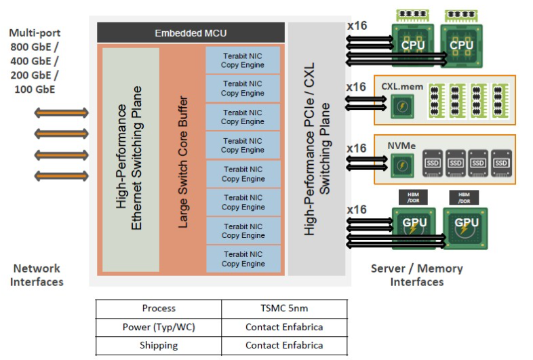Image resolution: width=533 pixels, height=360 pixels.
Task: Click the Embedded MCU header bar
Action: point(191,33)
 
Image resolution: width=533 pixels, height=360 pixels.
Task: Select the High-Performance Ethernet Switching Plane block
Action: point(130,160)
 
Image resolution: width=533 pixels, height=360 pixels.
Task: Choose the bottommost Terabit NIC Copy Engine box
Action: point(243,259)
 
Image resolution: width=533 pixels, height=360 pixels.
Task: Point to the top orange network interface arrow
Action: point(61,113)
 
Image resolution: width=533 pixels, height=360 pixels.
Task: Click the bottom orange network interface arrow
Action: point(61,176)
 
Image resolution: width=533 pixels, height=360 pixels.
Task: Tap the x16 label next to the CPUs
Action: point(356,26)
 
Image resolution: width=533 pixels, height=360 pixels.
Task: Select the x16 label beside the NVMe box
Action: point(356,148)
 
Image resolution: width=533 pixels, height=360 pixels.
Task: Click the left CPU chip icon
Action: point(413,45)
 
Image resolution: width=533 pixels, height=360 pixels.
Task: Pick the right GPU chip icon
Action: point(466,223)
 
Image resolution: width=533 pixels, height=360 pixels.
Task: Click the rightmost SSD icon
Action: point(501,163)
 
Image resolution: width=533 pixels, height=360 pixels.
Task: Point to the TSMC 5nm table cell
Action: point(284,308)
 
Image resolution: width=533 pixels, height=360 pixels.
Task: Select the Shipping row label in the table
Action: point(159,345)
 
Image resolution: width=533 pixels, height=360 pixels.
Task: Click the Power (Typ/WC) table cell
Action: point(159,327)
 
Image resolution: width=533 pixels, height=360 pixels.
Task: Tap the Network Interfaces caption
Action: point(37,275)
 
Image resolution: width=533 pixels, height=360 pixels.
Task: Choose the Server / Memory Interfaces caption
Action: point(417,275)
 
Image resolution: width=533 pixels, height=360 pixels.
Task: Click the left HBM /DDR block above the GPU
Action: point(412,197)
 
